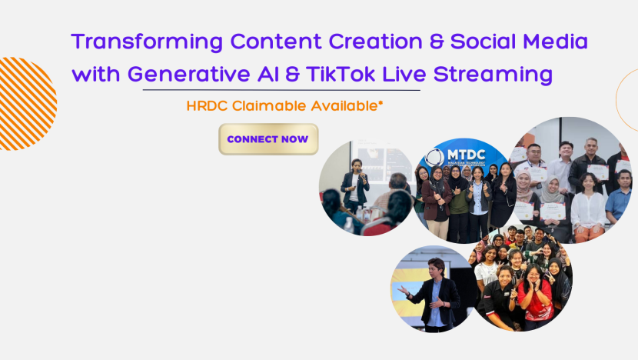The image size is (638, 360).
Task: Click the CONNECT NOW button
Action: point(268,139)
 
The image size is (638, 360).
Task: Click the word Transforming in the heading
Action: point(147,42)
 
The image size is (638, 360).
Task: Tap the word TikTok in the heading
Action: point(341,74)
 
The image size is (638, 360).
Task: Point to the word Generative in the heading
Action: point(189,75)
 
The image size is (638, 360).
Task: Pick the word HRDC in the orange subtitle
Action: point(207,106)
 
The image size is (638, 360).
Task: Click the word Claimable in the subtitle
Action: point(269,106)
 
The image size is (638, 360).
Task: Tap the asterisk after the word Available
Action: point(380,103)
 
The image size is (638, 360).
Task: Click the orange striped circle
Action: point(25,104)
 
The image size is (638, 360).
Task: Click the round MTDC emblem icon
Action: point(434,158)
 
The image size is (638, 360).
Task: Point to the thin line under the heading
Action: point(281,90)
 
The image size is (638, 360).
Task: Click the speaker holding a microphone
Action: point(354,185)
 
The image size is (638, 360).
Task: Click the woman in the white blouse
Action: point(587,208)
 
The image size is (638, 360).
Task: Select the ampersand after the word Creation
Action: point(436,42)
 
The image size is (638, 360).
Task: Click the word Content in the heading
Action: point(276,42)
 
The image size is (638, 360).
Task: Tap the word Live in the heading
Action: point(404,74)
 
